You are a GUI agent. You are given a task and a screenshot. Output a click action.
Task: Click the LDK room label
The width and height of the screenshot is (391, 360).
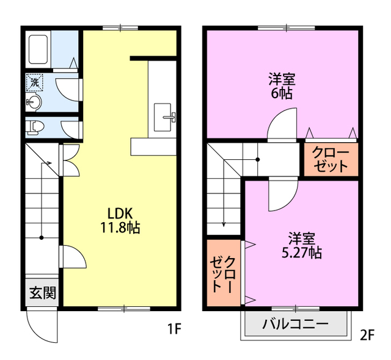point(120,214)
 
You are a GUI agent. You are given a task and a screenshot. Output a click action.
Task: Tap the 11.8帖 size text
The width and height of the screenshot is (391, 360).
point(120,228)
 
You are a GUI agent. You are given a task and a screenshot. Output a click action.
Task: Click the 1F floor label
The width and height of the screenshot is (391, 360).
point(174,330)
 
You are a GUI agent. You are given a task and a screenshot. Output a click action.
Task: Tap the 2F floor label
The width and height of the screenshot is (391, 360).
point(367,334)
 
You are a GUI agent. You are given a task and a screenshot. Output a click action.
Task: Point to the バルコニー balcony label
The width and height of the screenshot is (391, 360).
point(295,323)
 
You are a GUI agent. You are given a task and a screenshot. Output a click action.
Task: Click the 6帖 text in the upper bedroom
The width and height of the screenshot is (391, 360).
point(282,93)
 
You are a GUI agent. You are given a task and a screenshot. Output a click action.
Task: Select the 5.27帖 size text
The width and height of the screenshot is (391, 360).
point(301,251)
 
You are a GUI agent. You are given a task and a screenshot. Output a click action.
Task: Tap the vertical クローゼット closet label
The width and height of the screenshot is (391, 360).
point(224,272)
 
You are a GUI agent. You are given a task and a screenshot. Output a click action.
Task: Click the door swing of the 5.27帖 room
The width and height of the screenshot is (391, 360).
point(281,194)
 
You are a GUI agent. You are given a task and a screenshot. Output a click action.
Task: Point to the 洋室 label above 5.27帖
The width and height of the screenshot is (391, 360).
point(301,237)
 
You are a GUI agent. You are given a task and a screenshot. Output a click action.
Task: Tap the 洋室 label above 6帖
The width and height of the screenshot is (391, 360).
point(282,79)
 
